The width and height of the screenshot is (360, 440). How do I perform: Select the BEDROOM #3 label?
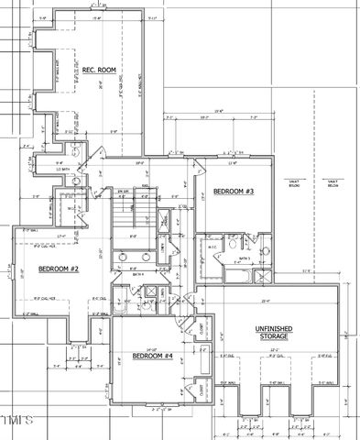pyautogui.click(x=233, y=192)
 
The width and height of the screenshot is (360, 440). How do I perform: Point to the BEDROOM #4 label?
pyautogui.click(x=151, y=356)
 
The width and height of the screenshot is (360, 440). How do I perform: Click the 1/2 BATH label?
pyautogui.click(x=63, y=170)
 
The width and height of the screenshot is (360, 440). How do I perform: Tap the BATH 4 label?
pyautogui.click(x=137, y=275)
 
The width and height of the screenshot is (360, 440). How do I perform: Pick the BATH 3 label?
pyautogui.click(x=245, y=258)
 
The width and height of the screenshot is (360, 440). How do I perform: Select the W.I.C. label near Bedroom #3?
pyautogui.click(x=211, y=246)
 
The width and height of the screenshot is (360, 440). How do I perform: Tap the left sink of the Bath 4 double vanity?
pyautogui.click(x=121, y=258)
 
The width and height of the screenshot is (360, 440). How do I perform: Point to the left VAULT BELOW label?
pyautogui.click(x=295, y=183)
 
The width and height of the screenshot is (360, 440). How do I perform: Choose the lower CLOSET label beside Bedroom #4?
pyautogui.click(x=200, y=390)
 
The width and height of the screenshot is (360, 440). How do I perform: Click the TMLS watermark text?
pyautogui.click(x=16, y=421)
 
